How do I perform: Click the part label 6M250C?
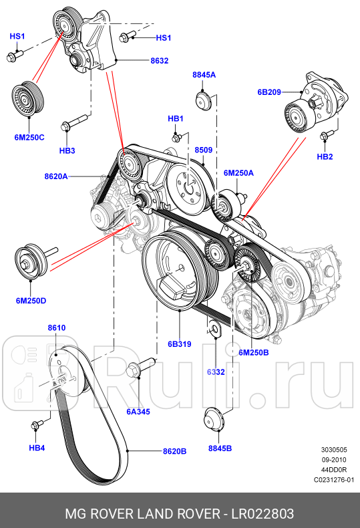point(29,136)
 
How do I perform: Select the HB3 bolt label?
point(67,151)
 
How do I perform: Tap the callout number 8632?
point(159,60)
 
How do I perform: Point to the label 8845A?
point(204,76)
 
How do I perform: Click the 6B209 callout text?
point(269,92)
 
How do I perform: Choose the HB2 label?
point(325,158)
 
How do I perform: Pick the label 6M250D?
point(31,301)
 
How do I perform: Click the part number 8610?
point(56,328)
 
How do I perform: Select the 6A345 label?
point(138,412)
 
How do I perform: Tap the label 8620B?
point(174,451)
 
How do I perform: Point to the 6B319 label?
point(179,345)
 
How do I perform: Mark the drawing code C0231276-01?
point(334,480)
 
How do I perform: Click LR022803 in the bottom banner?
point(262,513)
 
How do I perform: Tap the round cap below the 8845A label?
point(204,102)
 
